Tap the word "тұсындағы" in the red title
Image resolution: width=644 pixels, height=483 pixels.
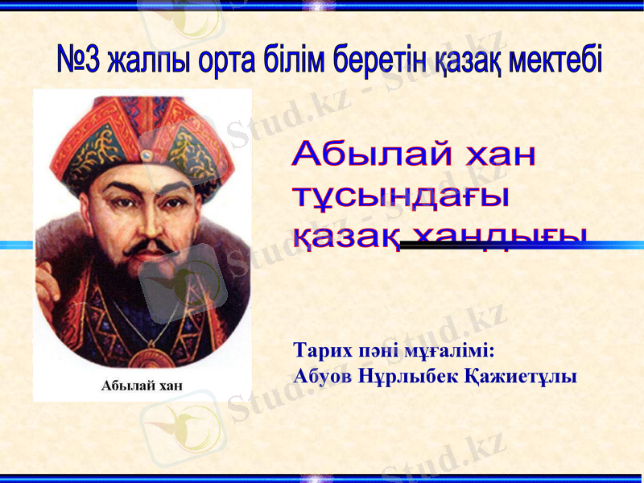(401, 196)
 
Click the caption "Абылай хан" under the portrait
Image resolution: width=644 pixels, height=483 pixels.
(142, 385)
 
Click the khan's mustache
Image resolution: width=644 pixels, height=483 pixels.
(145, 244)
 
